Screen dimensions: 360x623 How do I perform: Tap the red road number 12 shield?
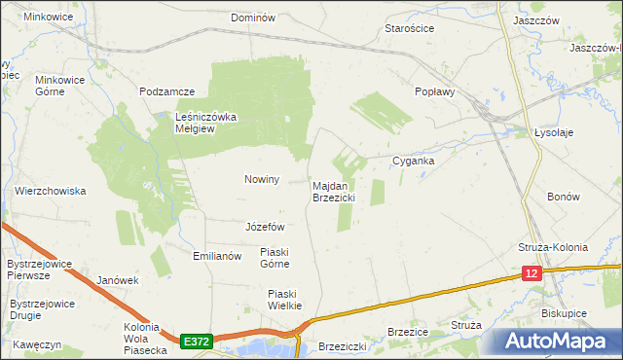pyautogui.click(x=531, y=274)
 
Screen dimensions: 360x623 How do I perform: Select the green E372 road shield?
pyautogui.click(x=195, y=342)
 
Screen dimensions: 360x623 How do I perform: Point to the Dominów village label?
pyautogui.click(x=254, y=18)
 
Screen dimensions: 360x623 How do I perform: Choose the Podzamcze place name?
pyautogui.click(x=167, y=91)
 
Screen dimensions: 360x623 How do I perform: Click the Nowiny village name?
pyautogui.click(x=262, y=179)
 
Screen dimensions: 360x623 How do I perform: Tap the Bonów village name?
pyautogui.click(x=564, y=197)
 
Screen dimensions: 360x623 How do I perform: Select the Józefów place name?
pyautogui.click(x=265, y=227)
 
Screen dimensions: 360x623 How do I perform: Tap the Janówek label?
pyautogui.click(x=118, y=280)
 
